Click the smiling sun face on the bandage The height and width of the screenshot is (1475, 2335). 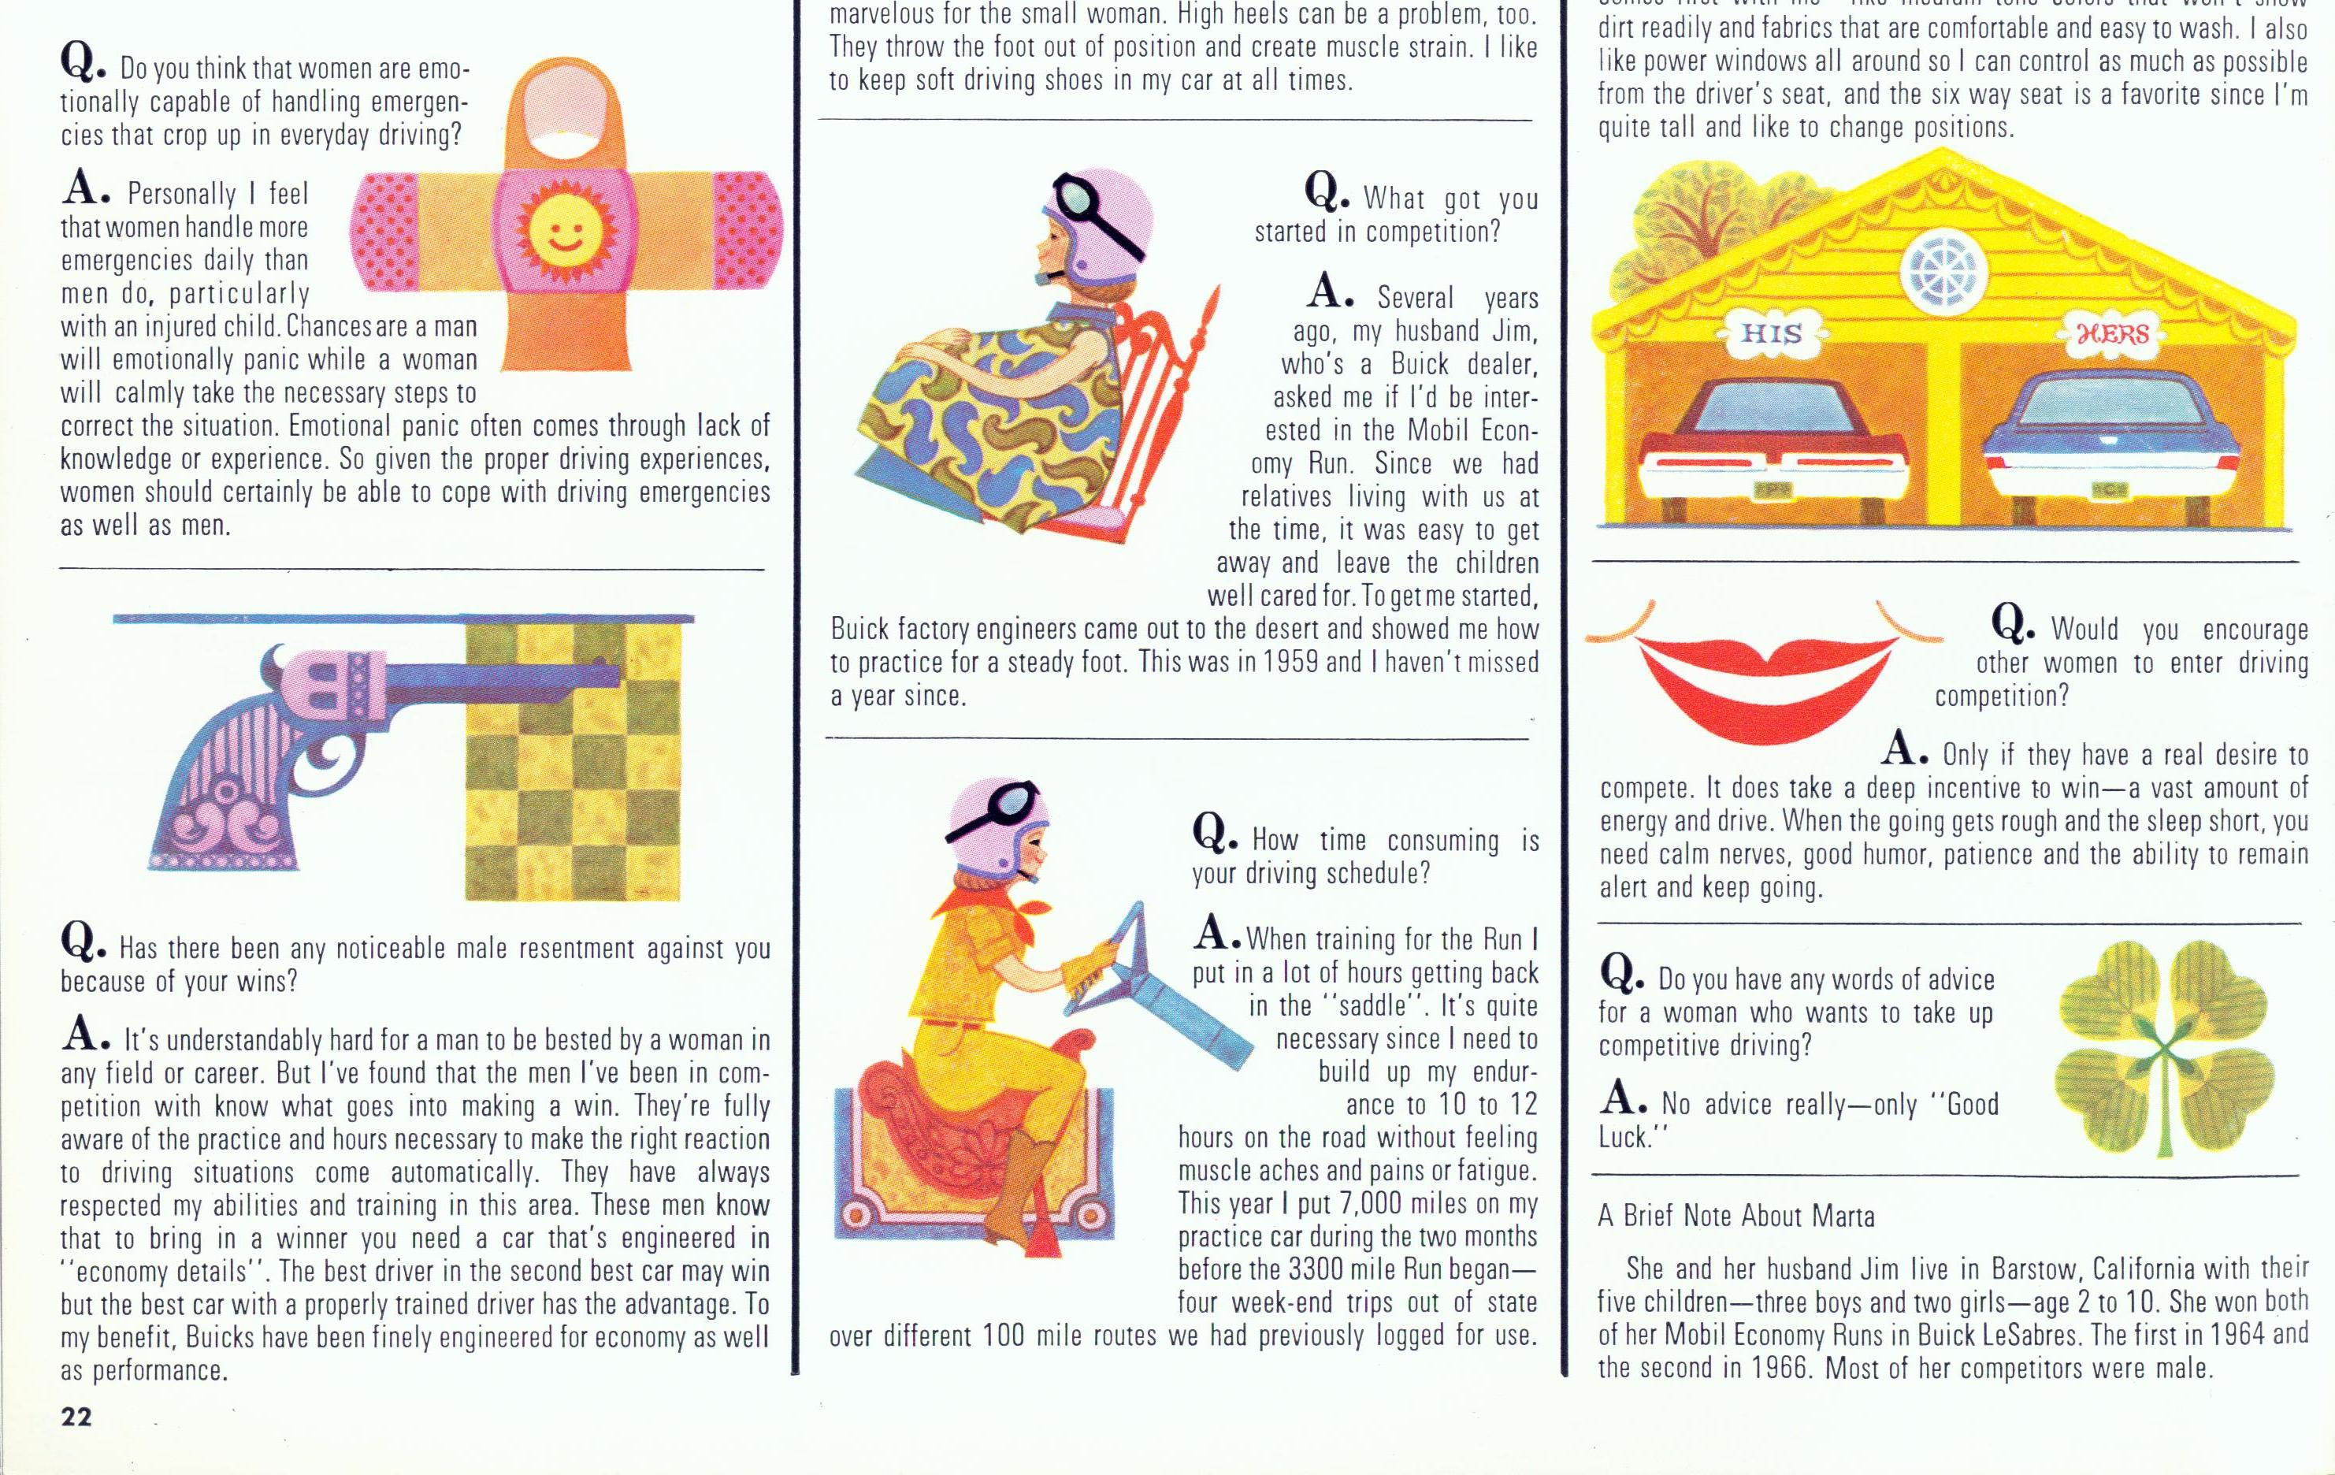558,232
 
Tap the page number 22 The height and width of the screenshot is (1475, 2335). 76,1417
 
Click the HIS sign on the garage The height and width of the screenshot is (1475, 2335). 1772,333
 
